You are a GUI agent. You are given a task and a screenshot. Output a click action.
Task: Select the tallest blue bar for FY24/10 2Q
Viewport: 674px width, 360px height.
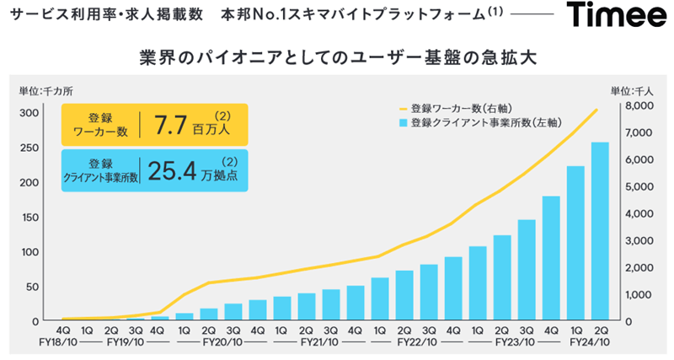point(600,232)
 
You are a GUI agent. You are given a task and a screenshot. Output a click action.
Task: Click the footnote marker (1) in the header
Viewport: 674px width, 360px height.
point(495,13)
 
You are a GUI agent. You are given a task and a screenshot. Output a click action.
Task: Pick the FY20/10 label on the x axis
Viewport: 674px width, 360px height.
point(220,343)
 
